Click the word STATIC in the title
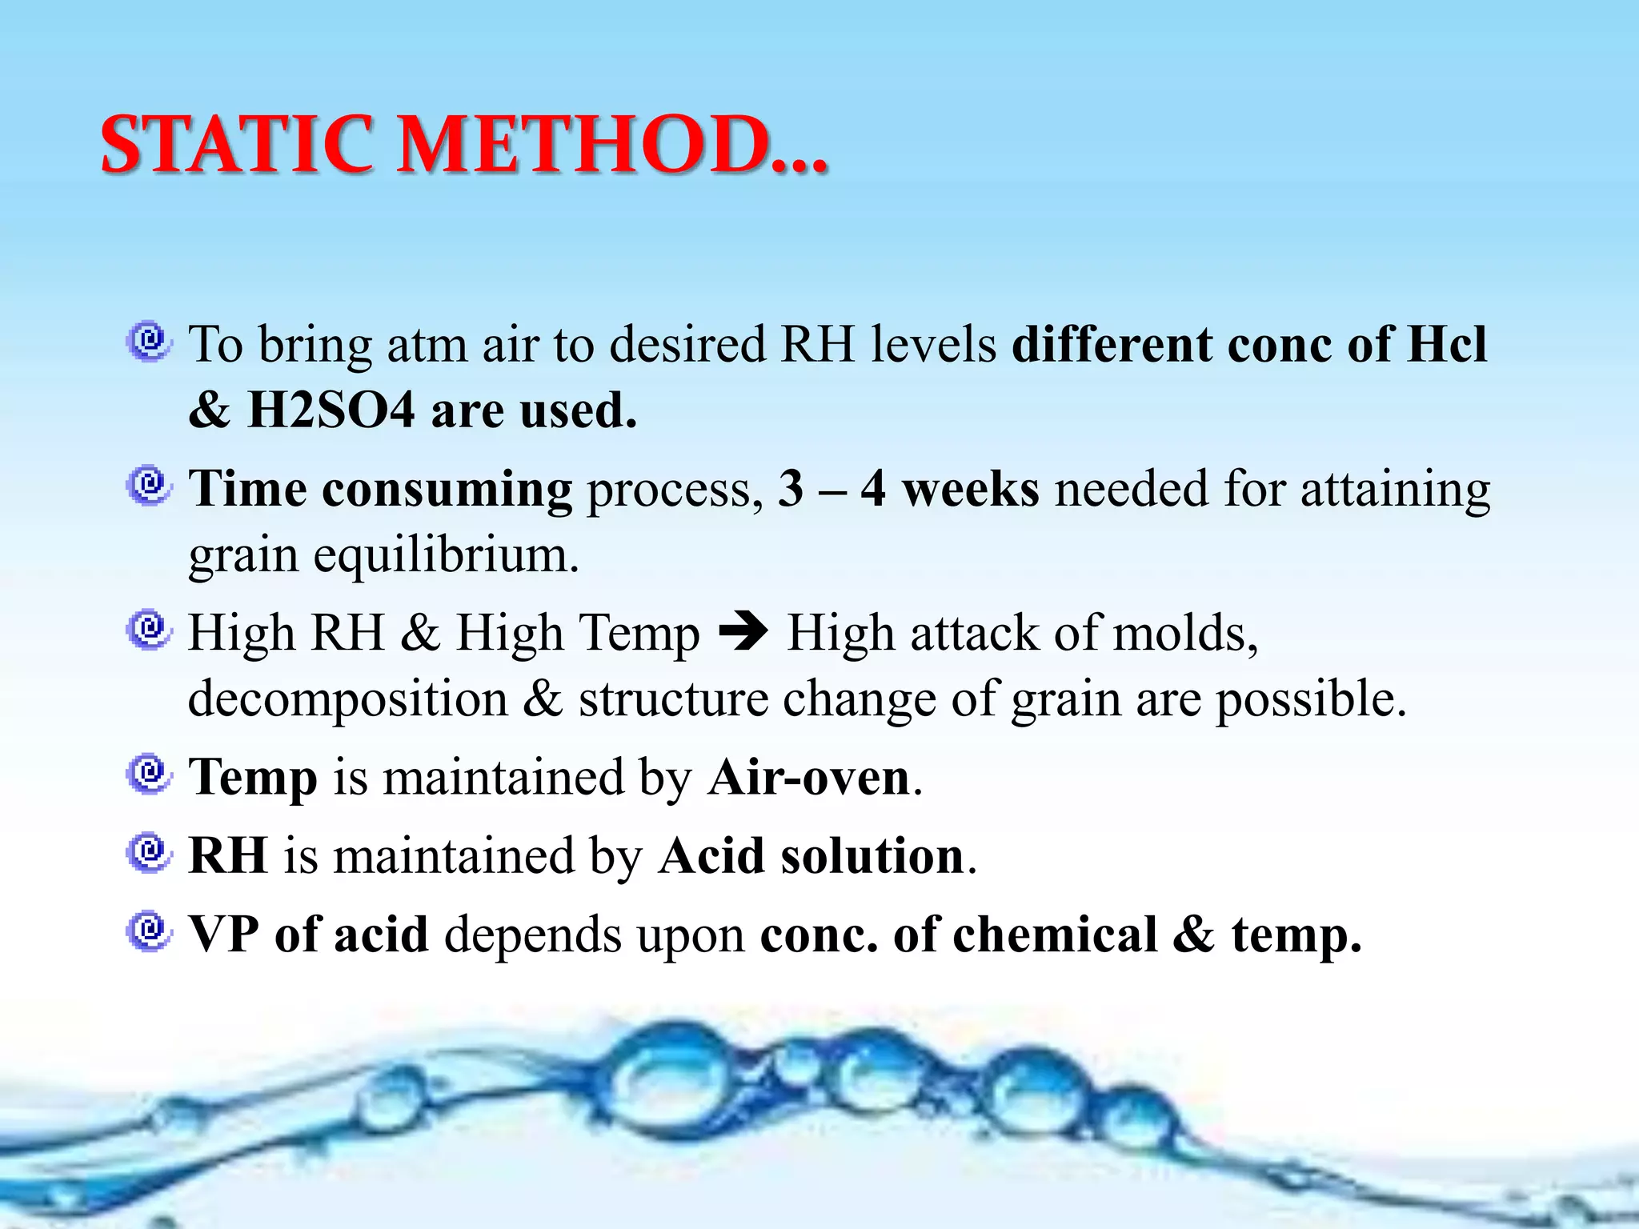237,146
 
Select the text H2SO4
331,410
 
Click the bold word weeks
971,489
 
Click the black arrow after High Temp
743,633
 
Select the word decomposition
348,699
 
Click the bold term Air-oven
809,777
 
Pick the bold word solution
872,855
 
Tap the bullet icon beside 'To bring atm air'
148,342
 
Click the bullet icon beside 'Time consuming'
148,486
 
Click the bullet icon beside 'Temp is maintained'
148,774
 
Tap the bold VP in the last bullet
223,934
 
